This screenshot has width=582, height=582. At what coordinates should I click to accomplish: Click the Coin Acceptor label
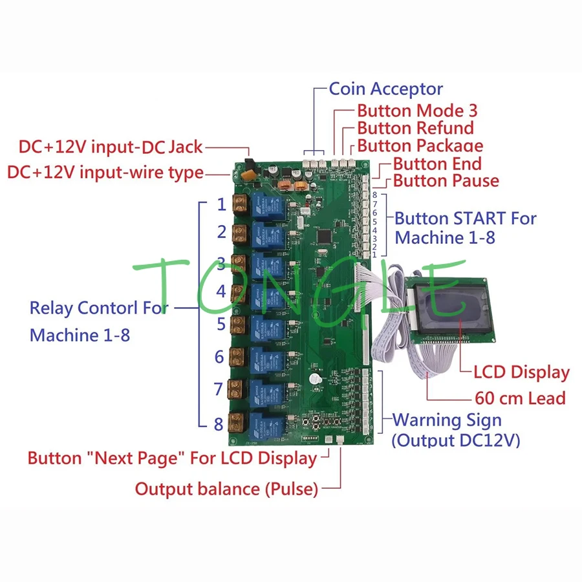click(386, 89)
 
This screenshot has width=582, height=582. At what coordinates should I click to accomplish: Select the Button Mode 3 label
click(417, 111)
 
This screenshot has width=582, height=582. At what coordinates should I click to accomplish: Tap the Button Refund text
click(415, 128)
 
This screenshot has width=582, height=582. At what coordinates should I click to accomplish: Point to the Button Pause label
click(446, 180)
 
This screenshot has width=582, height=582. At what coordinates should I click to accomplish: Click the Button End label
click(437, 164)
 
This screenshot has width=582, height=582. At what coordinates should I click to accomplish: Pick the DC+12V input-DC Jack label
click(111, 147)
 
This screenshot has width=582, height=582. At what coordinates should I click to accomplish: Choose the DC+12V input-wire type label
click(105, 173)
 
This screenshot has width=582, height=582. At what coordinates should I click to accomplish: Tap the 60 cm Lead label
click(520, 398)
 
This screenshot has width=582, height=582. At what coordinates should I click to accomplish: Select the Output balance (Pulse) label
click(226, 489)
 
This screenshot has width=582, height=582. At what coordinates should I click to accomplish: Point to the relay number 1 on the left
click(221, 205)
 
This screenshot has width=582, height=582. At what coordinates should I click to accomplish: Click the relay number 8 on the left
click(219, 424)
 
